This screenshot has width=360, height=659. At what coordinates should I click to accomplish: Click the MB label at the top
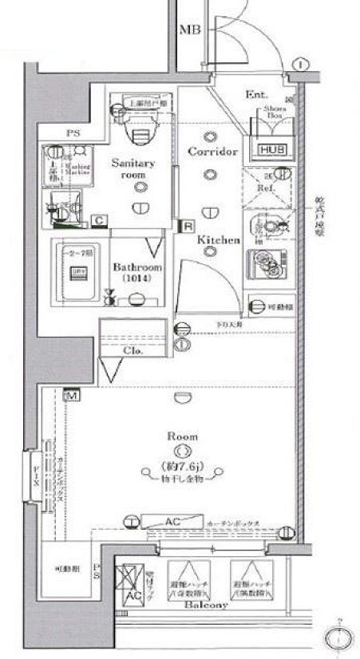(x=188, y=30)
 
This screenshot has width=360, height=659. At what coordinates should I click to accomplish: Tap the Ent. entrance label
(x=255, y=95)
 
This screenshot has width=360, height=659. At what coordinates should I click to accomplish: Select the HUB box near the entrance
(x=267, y=149)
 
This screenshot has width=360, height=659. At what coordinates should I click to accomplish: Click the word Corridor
(x=213, y=151)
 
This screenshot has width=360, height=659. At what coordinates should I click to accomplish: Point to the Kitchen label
(x=213, y=239)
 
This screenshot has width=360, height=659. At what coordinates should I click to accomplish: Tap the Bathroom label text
(x=137, y=267)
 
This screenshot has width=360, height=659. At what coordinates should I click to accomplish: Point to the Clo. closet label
(x=133, y=350)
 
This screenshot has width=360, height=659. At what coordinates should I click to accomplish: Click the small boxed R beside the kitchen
(x=187, y=226)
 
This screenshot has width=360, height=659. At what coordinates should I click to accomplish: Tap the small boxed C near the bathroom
(x=101, y=219)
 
